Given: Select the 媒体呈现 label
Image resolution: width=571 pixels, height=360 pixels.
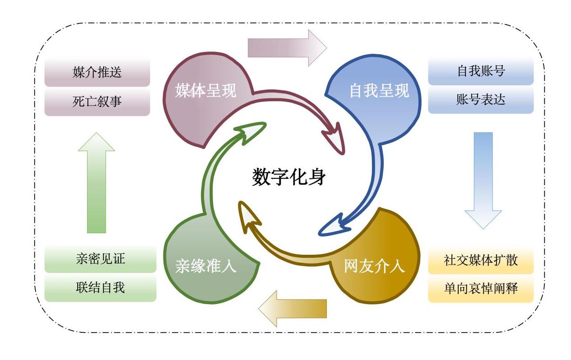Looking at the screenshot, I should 206,91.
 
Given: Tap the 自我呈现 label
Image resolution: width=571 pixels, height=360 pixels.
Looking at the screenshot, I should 379,91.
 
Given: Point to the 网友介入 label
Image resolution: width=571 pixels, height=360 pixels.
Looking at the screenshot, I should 374,266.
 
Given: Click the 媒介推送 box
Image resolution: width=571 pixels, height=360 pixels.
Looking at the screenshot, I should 97,72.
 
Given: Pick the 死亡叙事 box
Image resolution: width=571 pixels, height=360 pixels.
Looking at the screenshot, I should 97,101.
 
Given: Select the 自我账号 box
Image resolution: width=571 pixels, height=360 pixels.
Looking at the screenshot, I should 481,71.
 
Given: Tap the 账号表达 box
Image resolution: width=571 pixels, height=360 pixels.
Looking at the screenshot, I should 481,100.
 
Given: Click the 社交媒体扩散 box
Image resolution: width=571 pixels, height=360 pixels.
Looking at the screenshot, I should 481,260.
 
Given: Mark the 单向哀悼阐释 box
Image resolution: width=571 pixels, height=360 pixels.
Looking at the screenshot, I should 481,289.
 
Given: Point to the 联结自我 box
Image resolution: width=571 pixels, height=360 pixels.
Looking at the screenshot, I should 100,287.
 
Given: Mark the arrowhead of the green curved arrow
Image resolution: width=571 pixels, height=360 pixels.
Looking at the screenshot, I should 251,131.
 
